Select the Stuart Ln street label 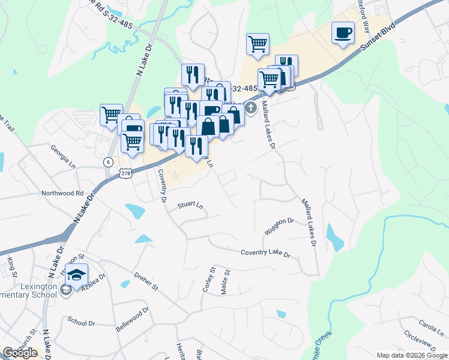coord(190,205)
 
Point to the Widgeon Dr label coord(279,226)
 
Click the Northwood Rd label coord(62,193)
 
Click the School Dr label coord(82,323)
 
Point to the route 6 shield coord(107,162)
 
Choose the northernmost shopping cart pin coord(258,43)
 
